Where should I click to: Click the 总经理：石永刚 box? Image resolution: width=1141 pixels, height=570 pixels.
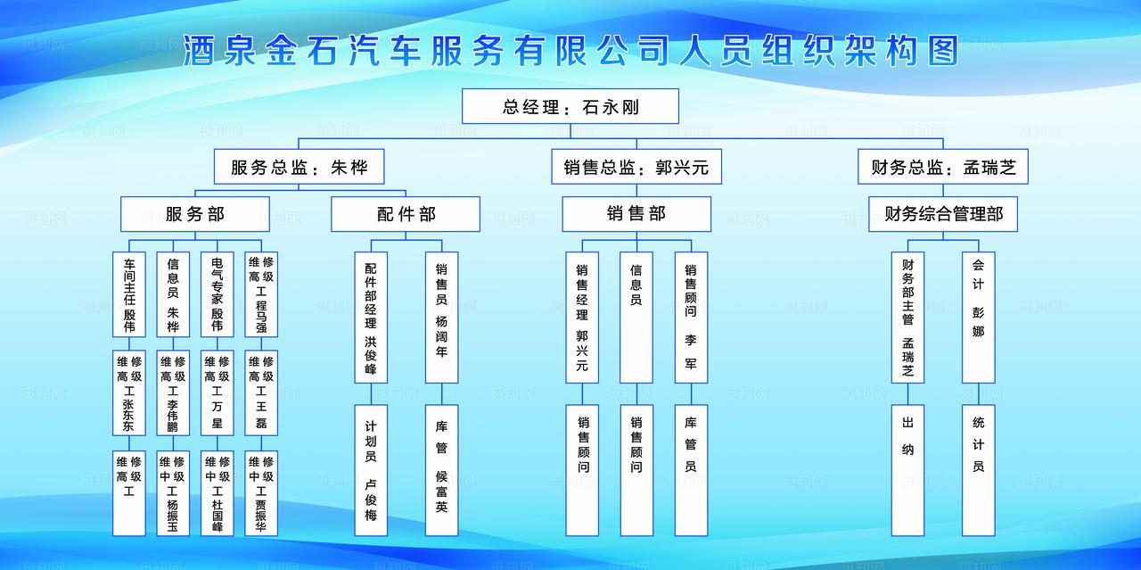(570, 106)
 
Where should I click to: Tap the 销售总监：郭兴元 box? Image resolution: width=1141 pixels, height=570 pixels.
(636, 167)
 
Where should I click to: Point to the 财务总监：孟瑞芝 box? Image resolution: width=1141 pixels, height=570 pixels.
(942, 167)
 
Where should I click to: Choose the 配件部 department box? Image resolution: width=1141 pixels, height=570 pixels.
(405, 214)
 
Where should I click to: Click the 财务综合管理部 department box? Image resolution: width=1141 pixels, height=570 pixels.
(942, 214)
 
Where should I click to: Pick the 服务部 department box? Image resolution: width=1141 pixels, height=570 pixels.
(195, 214)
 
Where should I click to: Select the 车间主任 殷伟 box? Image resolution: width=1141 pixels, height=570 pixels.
(129, 294)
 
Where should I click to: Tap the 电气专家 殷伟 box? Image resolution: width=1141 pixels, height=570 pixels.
(217, 294)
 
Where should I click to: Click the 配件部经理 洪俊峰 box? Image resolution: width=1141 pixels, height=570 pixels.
(371, 318)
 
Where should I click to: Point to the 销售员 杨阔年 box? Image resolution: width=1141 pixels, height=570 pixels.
(441, 318)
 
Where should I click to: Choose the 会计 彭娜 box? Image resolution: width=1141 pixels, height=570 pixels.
(978, 318)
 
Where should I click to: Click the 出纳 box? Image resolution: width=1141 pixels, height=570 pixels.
(907, 470)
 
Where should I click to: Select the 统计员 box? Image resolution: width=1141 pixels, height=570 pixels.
(978, 470)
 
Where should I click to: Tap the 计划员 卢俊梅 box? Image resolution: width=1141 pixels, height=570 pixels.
(371, 470)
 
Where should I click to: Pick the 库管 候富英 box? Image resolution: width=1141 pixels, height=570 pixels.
(441, 470)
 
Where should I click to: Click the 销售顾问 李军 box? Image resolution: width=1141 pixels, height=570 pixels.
(691, 318)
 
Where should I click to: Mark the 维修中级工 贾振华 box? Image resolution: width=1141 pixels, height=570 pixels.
(261, 493)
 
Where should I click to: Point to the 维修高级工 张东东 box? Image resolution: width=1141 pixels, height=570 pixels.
(129, 393)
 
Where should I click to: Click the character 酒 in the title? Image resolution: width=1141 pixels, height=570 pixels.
(198, 52)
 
